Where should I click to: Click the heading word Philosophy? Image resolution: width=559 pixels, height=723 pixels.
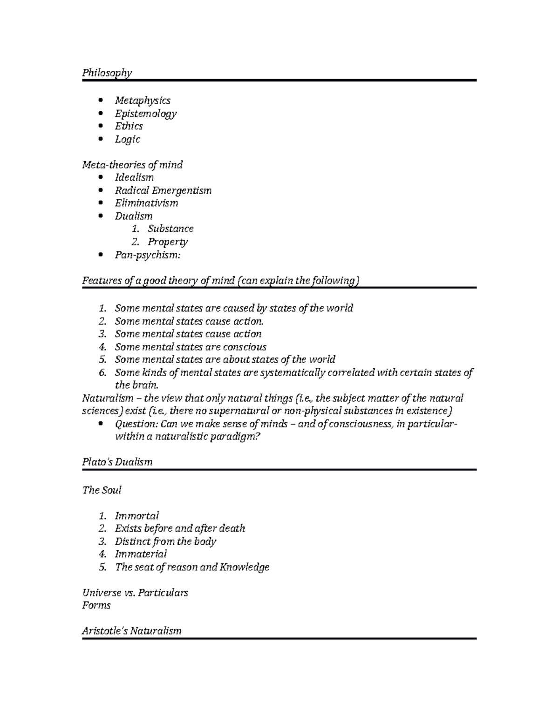(107, 73)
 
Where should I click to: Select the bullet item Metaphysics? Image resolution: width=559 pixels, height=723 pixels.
(143, 101)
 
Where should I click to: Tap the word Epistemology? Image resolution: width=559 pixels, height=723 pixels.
(146, 114)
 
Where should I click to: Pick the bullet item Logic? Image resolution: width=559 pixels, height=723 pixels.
(128, 139)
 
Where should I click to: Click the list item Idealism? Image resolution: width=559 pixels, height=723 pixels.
(134, 177)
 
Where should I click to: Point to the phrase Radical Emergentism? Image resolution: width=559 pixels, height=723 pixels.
(163, 190)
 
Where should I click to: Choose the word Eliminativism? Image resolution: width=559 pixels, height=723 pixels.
(146, 203)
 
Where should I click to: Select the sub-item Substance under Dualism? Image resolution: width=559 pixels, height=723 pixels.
(170, 229)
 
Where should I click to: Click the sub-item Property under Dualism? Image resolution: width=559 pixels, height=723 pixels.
(168, 242)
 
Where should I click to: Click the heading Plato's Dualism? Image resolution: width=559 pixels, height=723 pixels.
(117, 462)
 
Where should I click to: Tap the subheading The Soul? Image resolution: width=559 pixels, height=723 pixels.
(102, 490)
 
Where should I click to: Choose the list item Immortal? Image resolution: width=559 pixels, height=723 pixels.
(137, 516)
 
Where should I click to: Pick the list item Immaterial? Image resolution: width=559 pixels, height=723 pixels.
(141, 554)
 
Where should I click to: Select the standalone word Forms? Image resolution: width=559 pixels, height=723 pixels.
(96, 605)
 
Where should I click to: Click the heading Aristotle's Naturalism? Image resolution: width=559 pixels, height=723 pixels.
(132, 631)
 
